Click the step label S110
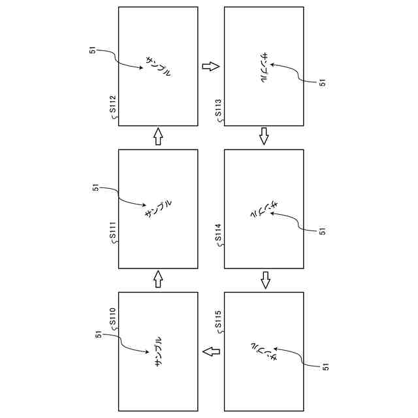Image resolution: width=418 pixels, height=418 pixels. [x=112, y=317]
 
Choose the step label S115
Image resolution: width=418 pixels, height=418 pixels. [x=218, y=321]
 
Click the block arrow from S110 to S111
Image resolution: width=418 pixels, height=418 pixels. [x=157, y=280]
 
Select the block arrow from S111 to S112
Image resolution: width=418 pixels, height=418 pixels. [x=157, y=137]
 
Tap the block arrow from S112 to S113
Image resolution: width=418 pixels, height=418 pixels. [x=210, y=67]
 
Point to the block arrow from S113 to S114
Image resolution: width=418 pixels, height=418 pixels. [x=264, y=136]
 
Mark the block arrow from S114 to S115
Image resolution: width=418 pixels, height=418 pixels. [x=264, y=280]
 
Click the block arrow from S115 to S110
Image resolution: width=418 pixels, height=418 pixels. [x=210, y=352]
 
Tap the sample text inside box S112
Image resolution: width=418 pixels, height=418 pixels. [x=158, y=66]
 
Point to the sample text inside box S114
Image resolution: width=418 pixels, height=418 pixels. [x=264, y=209]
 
